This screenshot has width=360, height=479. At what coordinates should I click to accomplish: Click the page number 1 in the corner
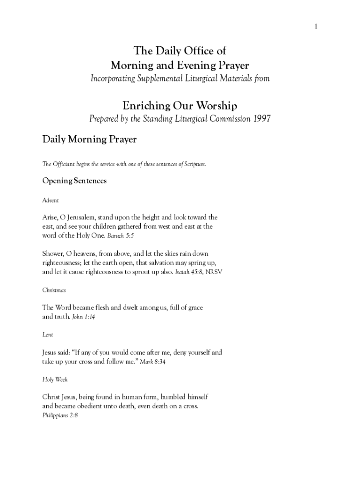point(316,26)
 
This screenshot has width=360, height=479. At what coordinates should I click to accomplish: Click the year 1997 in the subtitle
point(262,119)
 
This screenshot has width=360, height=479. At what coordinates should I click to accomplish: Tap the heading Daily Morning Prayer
point(89,139)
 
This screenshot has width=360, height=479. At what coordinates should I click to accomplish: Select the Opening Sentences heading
point(74,181)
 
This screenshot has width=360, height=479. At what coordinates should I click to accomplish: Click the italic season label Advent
point(50,200)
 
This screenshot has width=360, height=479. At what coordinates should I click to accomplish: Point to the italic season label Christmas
point(54,290)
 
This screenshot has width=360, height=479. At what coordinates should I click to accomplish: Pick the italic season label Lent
point(48,334)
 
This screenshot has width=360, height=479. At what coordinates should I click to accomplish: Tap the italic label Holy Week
point(55,379)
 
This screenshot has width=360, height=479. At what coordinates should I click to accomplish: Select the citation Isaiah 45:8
point(189,271)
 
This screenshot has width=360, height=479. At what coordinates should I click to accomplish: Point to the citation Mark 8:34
point(152,362)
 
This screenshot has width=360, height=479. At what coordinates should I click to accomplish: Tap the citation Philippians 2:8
point(60,415)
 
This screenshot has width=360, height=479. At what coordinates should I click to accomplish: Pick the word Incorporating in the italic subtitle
point(111,79)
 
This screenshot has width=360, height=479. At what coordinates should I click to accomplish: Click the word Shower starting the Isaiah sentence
point(53,254)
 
